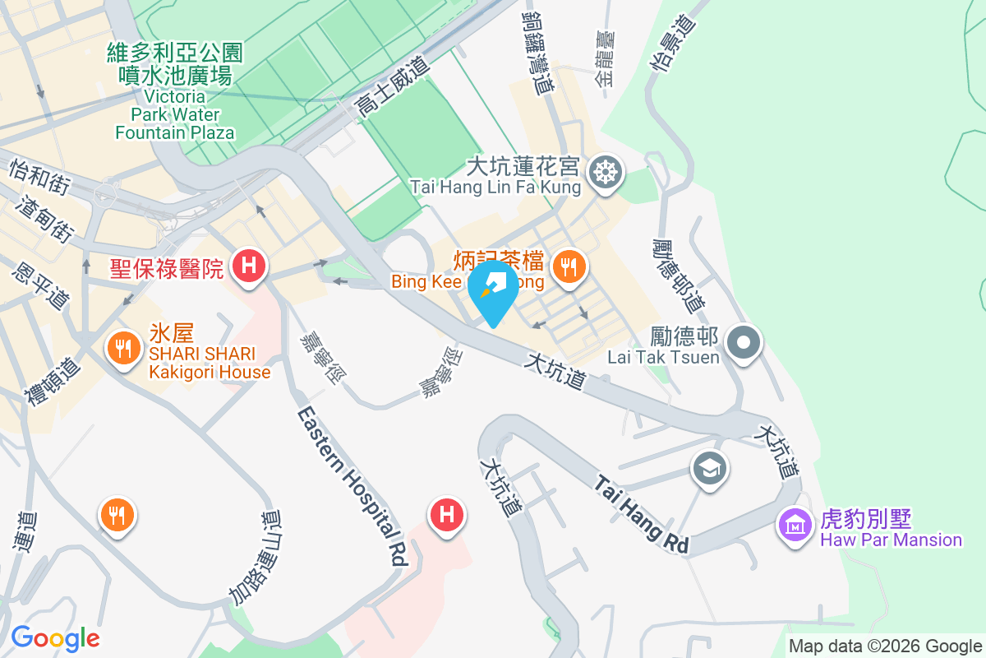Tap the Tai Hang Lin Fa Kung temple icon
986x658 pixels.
[x=606, y=172]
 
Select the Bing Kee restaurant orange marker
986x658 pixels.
[x=567, y=266]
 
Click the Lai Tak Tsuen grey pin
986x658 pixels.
[x=744, y=342]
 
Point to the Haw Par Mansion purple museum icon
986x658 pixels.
[x=795, y=523]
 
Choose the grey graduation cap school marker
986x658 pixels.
[x=710, y=469]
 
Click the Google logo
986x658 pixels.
[x=55, y=638]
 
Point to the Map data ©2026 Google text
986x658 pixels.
[x=886, y=646]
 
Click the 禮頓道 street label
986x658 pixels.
[x=53, y=381]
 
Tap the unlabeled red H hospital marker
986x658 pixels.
[x=447, y=516]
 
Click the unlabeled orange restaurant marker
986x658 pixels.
[x=117, y=516]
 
